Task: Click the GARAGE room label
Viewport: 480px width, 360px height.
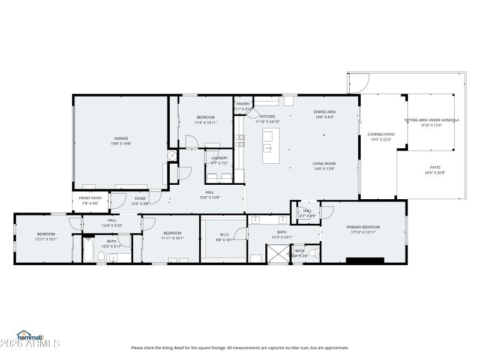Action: coord(121,139)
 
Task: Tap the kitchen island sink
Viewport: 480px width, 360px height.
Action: coord(268,147)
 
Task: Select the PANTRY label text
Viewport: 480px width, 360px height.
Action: coord(243,104)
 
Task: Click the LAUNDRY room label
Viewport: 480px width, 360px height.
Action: coord(219,158)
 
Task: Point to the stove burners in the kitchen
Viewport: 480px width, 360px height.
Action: coord(240,141)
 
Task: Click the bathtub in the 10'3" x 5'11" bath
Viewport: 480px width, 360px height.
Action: coord(89,251)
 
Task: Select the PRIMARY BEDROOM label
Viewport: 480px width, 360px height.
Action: coord(363,227)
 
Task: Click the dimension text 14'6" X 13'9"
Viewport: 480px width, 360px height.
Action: coord(324,169)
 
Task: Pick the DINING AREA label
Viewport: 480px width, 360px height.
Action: coord(325,112)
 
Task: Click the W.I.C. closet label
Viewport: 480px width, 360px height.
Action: coord(224,235)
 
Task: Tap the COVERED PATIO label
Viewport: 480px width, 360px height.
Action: coord(381,134)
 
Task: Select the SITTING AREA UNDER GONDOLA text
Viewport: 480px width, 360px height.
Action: coord(431,120)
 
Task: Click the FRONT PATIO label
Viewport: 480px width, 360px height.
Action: coord(91,197)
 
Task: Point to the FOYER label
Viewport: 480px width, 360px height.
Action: coord(140,198)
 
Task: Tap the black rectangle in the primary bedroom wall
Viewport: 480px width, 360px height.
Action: coord(365,260)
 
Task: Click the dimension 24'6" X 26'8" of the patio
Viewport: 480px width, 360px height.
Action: coord(435,173)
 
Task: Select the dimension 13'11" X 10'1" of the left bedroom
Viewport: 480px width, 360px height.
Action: coord(46,239)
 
